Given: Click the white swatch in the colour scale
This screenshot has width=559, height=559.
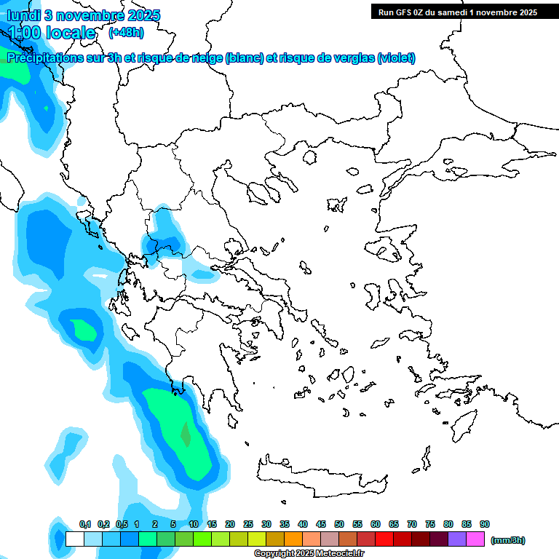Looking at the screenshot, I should tap(74, 539).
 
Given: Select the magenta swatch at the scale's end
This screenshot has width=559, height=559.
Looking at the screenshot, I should tap(475, 539).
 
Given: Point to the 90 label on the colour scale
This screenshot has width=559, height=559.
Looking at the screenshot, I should tap(485, 524).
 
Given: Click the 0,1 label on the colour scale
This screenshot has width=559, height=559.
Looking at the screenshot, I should tap(85, 524).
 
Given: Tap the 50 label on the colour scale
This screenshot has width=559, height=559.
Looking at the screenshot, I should tap(339, 524).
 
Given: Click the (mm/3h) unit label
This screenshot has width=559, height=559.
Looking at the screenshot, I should tap(507, 540).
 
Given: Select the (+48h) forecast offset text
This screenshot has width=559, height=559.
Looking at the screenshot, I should tap(125, 33).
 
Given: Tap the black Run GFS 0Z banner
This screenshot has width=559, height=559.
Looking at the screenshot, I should tap(457, 12).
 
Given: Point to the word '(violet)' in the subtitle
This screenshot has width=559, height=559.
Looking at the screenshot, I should tap(397, 58).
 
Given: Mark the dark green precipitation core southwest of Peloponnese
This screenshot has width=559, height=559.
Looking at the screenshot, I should tap(186, 435).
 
